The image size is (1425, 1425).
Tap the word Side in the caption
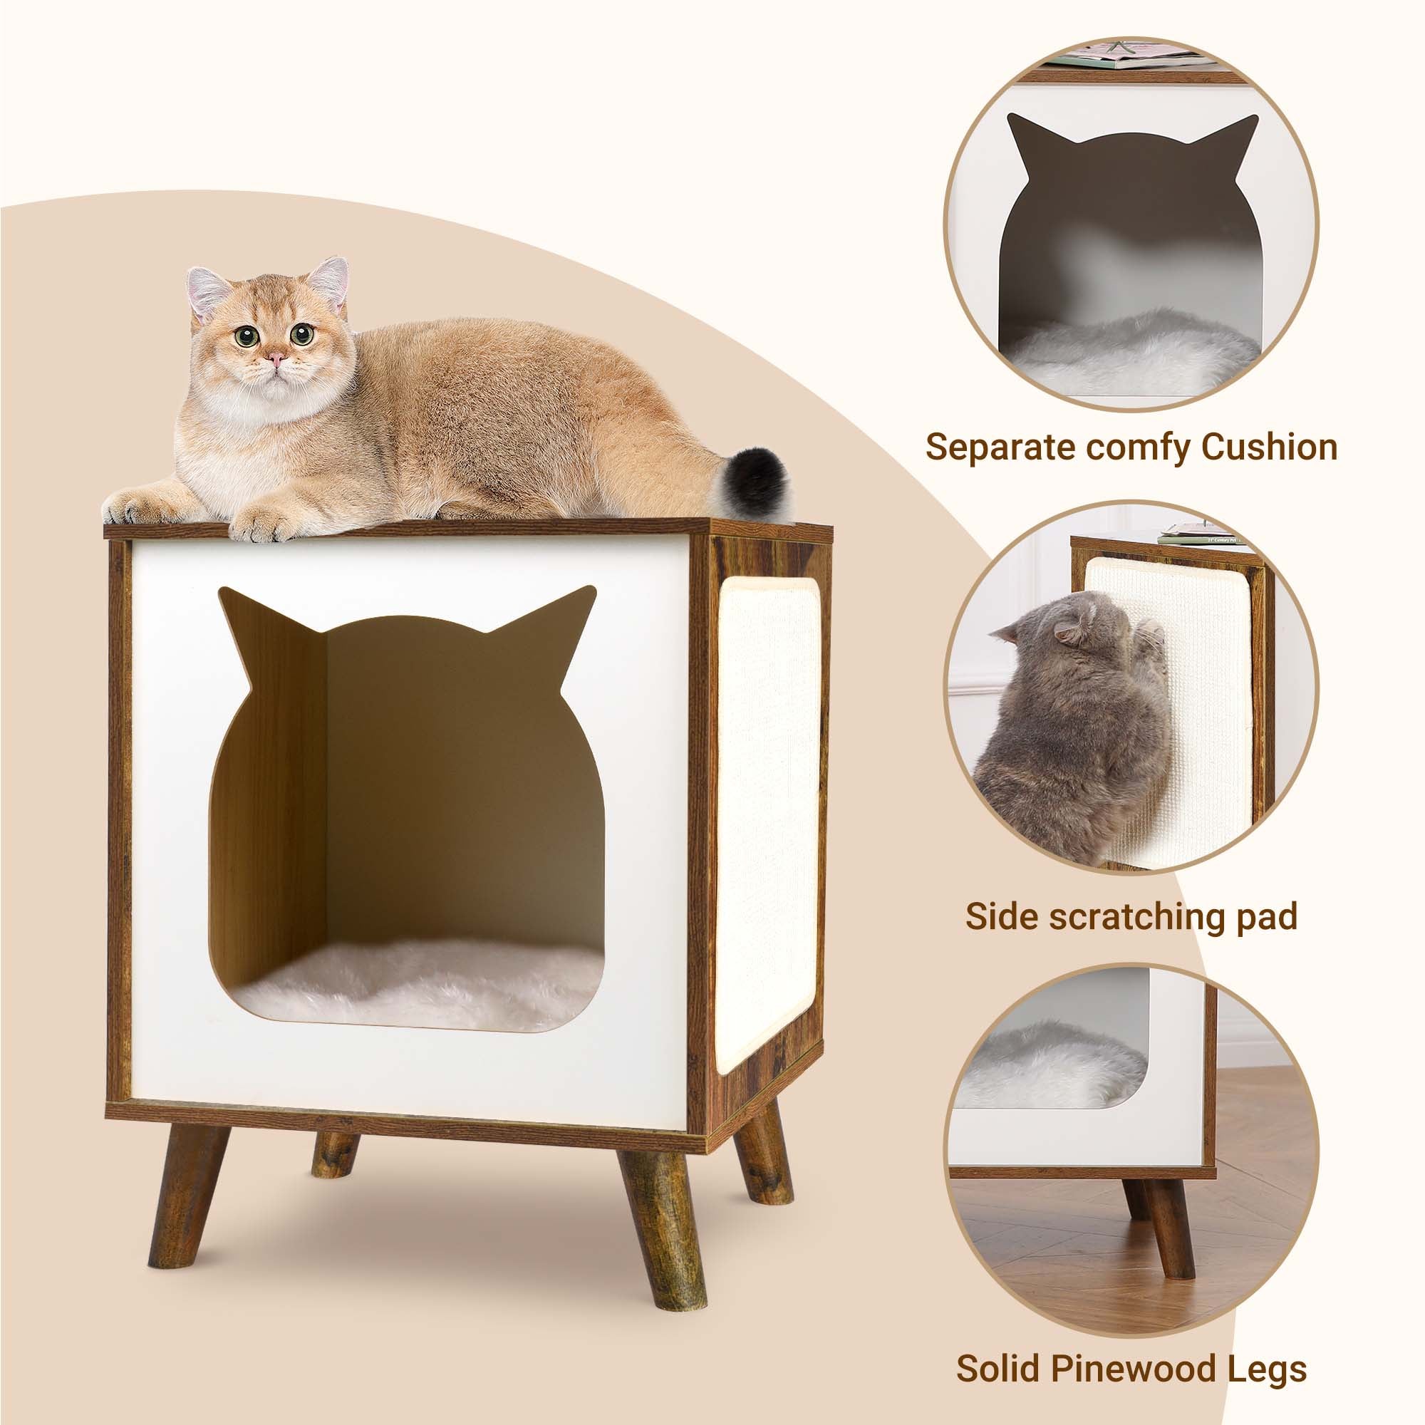coord(1001,916)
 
